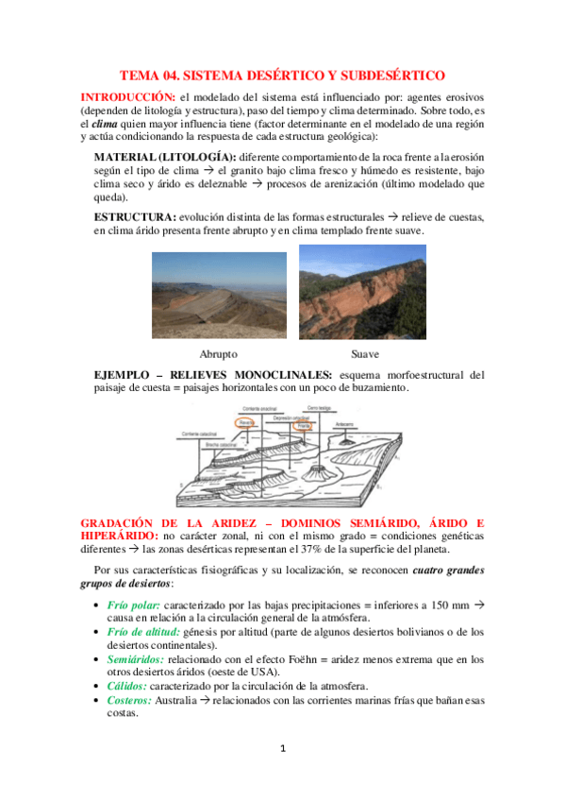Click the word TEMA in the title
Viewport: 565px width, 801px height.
(x=141, y=75)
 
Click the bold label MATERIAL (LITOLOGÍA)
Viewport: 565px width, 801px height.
(x=165, y=156)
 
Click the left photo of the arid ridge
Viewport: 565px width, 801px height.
(x=219, y=294)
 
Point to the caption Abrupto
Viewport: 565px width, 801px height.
(x=219, y=355)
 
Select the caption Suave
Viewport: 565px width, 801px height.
(x=364, y=355)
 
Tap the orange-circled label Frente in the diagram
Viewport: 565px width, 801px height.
(x=304, y=425)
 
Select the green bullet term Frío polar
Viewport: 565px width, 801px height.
(x=135, y=604)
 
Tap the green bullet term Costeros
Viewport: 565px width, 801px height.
(x=130, y=700)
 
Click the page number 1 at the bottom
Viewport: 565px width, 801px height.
(x=282, y=749)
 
